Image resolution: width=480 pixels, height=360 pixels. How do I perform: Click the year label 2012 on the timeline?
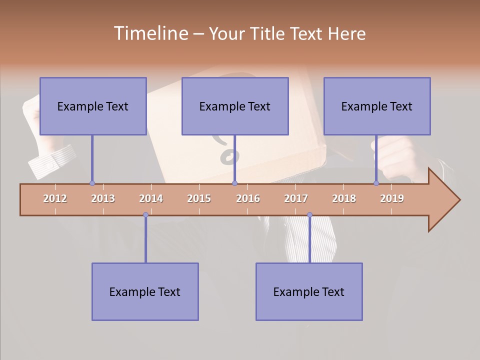coord(55,198)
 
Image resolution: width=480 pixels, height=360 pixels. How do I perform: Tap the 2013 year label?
coord(103,198)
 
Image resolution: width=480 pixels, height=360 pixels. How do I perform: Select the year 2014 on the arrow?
coord(151,198)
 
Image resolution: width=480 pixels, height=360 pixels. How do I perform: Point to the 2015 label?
coord(199,198)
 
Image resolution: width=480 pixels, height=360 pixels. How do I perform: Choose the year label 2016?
coord(248,198)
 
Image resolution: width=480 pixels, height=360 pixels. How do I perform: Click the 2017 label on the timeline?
coord(296,198)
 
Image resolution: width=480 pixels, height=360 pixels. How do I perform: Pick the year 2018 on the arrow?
coord(344,198)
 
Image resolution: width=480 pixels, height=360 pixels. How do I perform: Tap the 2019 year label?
coord(392,198)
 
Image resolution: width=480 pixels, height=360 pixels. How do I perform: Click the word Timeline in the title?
coord(150,33)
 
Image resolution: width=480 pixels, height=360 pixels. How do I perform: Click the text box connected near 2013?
coord(93,106)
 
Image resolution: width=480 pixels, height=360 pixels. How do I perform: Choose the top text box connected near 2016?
coord(235,106)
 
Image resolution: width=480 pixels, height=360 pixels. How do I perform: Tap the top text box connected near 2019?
coord(377,106)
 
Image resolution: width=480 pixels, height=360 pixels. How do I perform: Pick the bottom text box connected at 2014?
coord(145,291)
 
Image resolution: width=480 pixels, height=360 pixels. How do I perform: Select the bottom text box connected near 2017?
coord(309,291)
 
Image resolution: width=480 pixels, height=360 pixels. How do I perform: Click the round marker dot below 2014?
coord(145,214)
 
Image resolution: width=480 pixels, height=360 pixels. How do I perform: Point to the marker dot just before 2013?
coord(92,183)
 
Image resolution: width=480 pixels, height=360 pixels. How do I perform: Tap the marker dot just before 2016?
coord(234,183)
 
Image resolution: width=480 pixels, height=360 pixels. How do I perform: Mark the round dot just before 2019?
coord(376,183)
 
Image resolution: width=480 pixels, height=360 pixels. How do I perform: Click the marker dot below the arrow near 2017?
coord(309,214)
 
